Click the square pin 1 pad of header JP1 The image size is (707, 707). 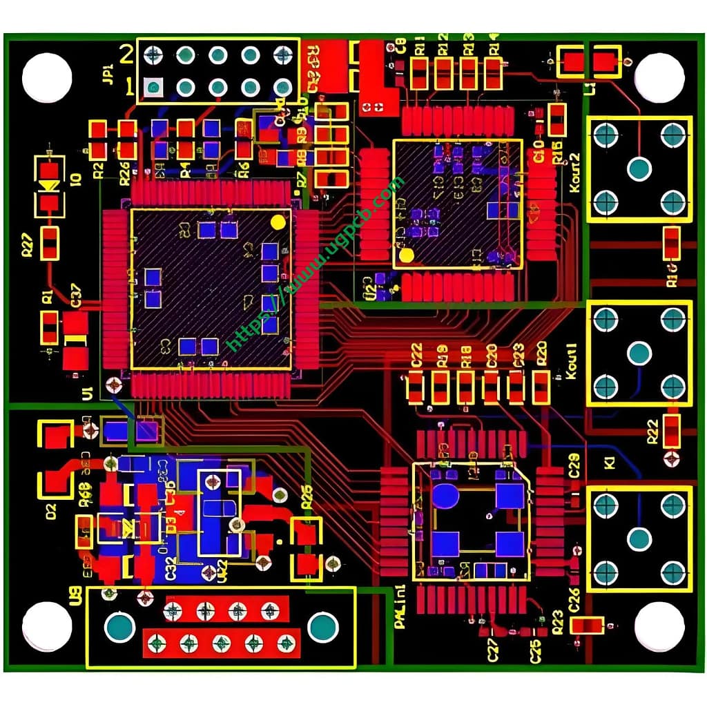pos(153,87)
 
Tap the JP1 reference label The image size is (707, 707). pos(108,72)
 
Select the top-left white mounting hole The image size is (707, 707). pos(47,77)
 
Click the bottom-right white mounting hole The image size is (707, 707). pos(659,626)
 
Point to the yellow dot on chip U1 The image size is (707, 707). pos(278,222)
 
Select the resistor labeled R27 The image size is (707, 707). pos(49,243)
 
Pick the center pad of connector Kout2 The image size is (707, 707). pos(639,168)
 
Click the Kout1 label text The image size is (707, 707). pos(572,364)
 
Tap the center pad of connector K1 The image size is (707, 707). pos(639,539)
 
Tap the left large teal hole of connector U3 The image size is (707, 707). pos(120,627)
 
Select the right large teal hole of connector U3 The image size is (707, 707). pos(322,627)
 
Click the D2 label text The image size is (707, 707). pos(50,512)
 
